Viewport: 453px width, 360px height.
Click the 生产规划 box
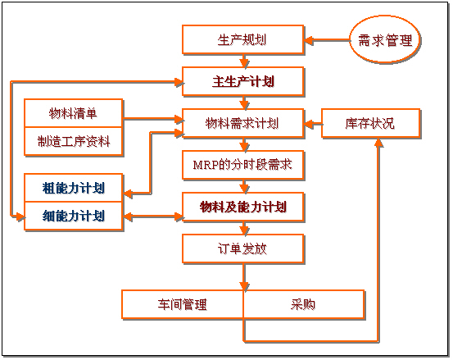click(x=242, y=39)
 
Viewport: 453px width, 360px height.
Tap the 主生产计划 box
click(x=243, y=81)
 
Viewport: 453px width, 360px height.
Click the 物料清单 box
click(x=74, y=112)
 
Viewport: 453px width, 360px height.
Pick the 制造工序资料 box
click(x=74, y=140)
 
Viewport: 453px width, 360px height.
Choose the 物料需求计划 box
click(x=242, y=124)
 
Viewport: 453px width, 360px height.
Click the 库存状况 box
click(x=370, y=124)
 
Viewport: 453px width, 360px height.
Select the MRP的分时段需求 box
click(x=242, y=165)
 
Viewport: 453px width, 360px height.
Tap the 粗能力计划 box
click(x=74, y=188)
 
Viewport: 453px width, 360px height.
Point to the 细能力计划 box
click(x=74, y=216)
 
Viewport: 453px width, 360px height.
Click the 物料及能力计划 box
click(x=242, y=207)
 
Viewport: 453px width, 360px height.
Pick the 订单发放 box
click(x=242, y=248)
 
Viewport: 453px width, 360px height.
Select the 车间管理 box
click(x=183, y=304)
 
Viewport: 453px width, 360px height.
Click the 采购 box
click(x=304, y=304)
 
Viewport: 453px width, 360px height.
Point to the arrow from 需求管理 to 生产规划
click(x=327, y=39)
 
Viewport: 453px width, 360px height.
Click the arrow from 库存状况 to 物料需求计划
click(x=313, y=125)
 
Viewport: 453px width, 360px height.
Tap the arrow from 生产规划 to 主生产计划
click(x=243, y=60)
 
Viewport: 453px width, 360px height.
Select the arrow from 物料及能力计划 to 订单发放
click(x=243, y=228)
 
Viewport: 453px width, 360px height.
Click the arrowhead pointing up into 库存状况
click(x=378, y=143)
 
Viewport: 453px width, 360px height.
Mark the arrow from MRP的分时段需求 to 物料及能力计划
click(x=243, y=186)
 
